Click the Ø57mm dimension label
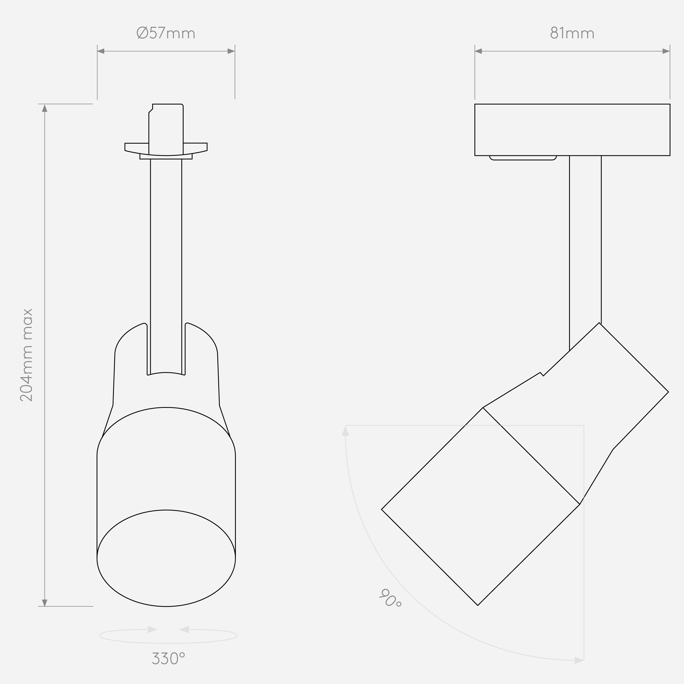tap(166, 33)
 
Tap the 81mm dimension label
tap(572, 33)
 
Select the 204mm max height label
tap(26, 355)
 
